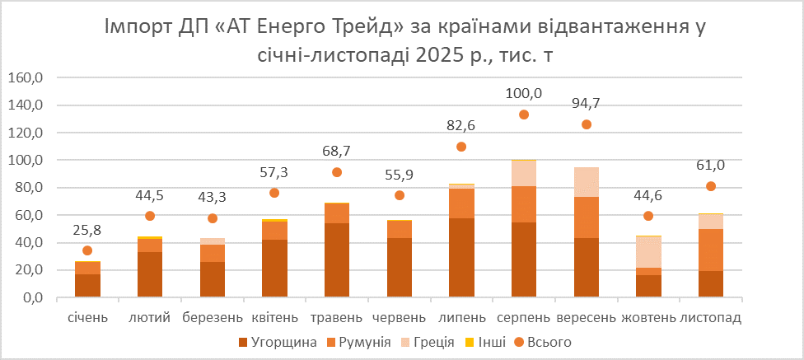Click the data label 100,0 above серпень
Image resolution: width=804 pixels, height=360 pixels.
523,93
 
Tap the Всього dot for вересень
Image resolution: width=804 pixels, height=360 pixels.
586,124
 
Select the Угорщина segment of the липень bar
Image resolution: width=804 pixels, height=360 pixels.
461,257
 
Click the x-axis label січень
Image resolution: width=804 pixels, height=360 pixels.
86,318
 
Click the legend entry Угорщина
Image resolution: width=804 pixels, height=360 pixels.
278,342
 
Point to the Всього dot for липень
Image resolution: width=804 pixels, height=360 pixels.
461,147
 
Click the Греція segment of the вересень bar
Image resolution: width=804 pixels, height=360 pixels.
586,182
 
